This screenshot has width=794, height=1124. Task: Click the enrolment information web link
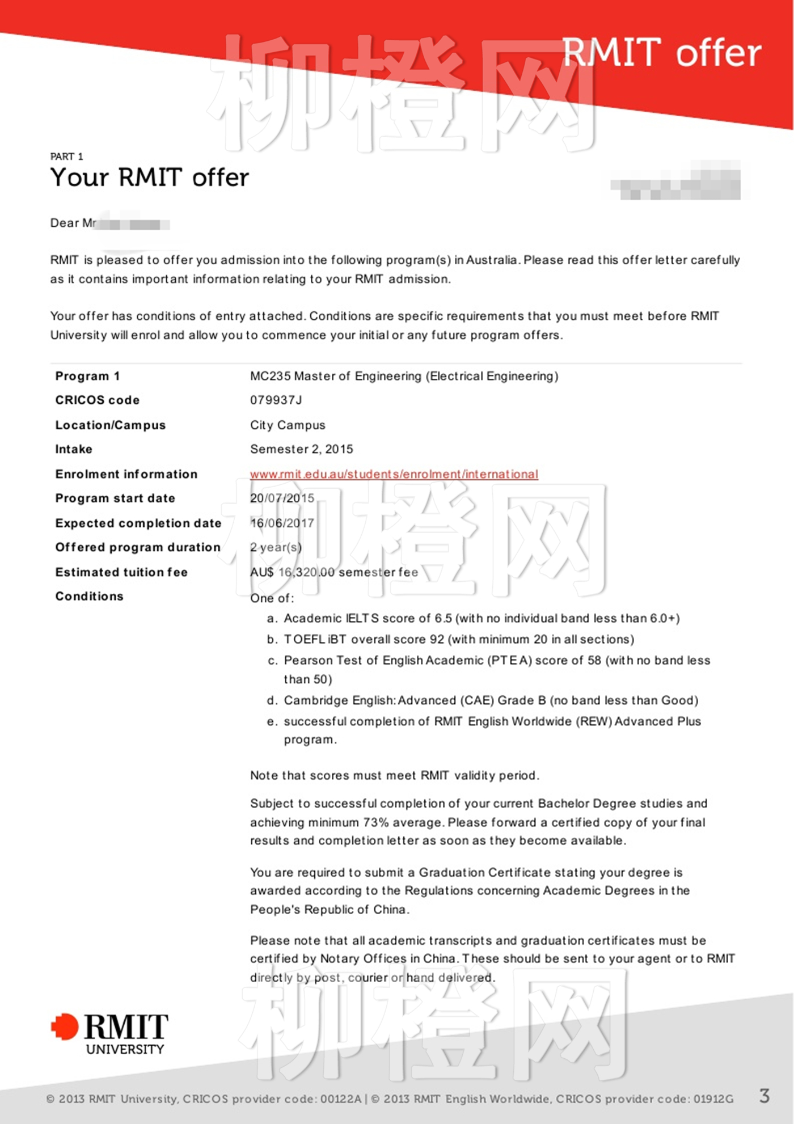(x=394, y=474)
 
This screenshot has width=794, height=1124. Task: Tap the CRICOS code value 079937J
(x=276, y=400)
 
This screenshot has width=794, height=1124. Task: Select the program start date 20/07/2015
(x=282, y=498)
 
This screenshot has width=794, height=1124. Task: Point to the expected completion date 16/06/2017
(x=282, y=523)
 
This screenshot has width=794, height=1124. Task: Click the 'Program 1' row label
(x=87, y=377)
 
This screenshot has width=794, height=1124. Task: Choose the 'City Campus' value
(x=288, y=425)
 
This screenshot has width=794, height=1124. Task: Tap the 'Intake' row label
(x=74, y=449)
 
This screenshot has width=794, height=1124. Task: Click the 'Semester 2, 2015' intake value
(x=301, y=449)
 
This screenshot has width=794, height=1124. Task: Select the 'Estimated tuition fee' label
(x=121, y=572)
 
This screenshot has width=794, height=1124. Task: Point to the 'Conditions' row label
(x=89, y=597)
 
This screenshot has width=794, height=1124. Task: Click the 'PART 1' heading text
(x=66, y=157)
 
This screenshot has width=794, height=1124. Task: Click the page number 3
(x=764, y=1096)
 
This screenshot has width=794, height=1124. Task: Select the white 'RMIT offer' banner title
(x=661, y=53)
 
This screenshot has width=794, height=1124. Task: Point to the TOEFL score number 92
(x=437, y=640)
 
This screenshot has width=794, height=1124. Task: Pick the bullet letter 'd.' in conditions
(x=272, y=701)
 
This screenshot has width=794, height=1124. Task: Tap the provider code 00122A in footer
(x=340, y=1099)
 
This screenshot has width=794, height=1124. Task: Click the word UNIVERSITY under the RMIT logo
(x=125, y=1050)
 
